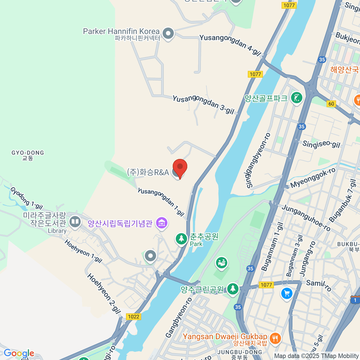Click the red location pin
click(180, 167)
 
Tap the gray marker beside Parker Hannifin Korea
click(168, 33)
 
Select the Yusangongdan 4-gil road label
click(230, 45)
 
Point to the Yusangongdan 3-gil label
click(203, 104)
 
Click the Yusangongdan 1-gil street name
click(161, 202)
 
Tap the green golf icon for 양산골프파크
click(296, 97)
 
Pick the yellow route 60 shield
click(331, 104)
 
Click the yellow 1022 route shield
click(133, 316)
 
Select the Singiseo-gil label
click(321, 144)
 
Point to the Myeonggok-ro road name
click(313, 178)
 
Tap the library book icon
click(75, 222)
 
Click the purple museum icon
click(162, 223)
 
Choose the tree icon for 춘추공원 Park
click(181, 239)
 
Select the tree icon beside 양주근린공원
click(232, 289)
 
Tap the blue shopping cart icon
click(287, 293)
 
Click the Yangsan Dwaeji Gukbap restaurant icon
click(275, 338)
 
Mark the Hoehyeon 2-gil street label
click(104, 293)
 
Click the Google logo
click(19, 353)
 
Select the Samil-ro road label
click(319, 285)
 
